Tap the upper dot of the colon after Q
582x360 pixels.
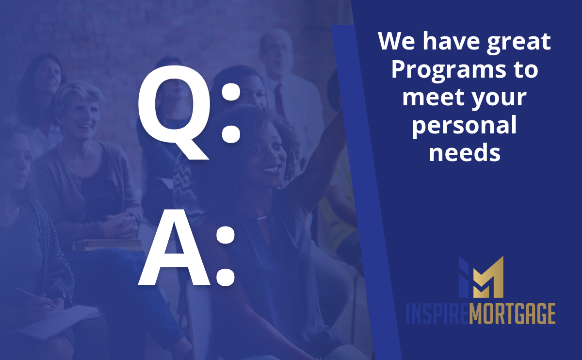pyautogui.click(x=231, y=91)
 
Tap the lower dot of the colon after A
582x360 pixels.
pyautogui.click(x=226, y=277)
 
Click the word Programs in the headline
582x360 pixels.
pyautogui.click(x=449, y=71)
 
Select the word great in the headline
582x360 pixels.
pyautogui.click(x=518, y=42)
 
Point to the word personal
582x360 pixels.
pyautogui.click(x=464, y=127)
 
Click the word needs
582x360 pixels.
pyautogui.click(x=465, y=153)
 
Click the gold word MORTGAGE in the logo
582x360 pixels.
pyautogui.click(x=512, y=314)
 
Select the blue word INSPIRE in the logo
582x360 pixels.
pyautogui.click(x=437, y=314)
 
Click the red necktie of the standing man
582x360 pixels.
pyautogui.click(x=279, y=99)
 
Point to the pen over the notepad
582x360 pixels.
pyautogui.click(x=37, y=297)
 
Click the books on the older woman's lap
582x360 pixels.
pyautogui.click(x=108, y=245)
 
